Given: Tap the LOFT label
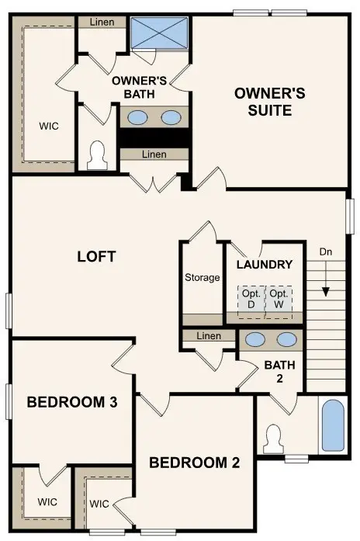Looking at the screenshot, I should pyautogui.click(x=97, y=256).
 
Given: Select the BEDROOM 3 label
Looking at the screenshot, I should pyautogui.click(x=72, y=402).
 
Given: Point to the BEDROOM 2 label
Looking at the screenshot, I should pyautogui.click(x=195, y=463).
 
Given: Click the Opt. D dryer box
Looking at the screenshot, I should pyautogui.click(x=251, y=300).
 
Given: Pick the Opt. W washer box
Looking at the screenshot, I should pyautogui.click(x=279, y=300).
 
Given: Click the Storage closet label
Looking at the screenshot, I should pyautogui.click(x=202, y=277).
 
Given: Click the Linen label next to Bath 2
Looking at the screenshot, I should pyautogui.click(x=209, y=336).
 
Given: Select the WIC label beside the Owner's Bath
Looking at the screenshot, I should pyautogui.click(x=49, y=126).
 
